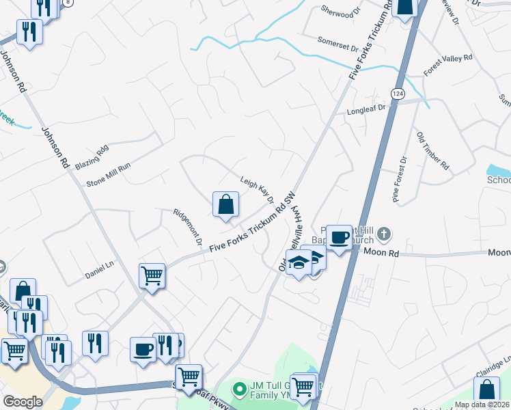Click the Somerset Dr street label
tap(337, 44)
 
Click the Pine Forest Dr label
tap(399, 176)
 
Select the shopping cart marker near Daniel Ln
tap(152, 276)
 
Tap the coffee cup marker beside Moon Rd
tap(339, 237)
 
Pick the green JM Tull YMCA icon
tap(239, 389)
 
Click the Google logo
tap(23, 401)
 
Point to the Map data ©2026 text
tap(482, 405)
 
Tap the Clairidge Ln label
tap(497, 363)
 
